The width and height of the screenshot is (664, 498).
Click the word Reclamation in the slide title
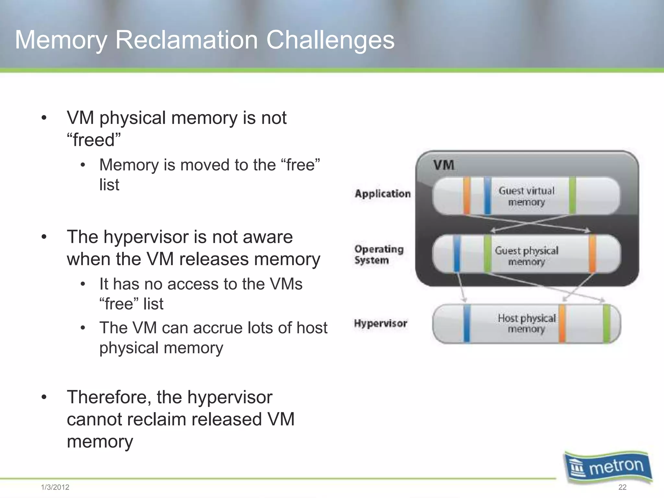pyautogui.click(x=186, y=40)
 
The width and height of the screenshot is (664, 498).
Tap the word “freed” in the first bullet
pyautogui.click(x=93, y=140)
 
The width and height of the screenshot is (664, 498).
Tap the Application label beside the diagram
pyautogui.click(x=383, y=194)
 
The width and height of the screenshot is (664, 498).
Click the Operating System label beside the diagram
pyautogui.click(x=379, y=255)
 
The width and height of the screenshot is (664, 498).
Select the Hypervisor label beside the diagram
pyautogui.click(x=380, y=323)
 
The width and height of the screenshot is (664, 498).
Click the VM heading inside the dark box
pyautogui.click(x=444, y=165)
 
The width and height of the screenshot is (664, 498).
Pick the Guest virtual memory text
pyautogui.click(x=527, y=196)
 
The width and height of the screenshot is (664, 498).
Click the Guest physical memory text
pyautogui.click(x=527, y=255)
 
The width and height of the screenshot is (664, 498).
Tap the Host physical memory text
pyautogui.click(x=527, y=323)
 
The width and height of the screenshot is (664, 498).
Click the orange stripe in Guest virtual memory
pyautogui.click(x=467, y=196)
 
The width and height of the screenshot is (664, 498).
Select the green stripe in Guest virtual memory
pyautogui.click(x=572, y=196)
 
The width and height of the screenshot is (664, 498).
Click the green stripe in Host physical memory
pyautogui.click(x=606, y=324)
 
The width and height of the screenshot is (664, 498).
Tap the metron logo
pyautogui.click(x=608, y=467)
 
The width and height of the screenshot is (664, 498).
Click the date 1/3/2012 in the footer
pyautogui.click(x=55, y=487)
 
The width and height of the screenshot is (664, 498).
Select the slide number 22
pyautogui.click(x=622, y=487)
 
